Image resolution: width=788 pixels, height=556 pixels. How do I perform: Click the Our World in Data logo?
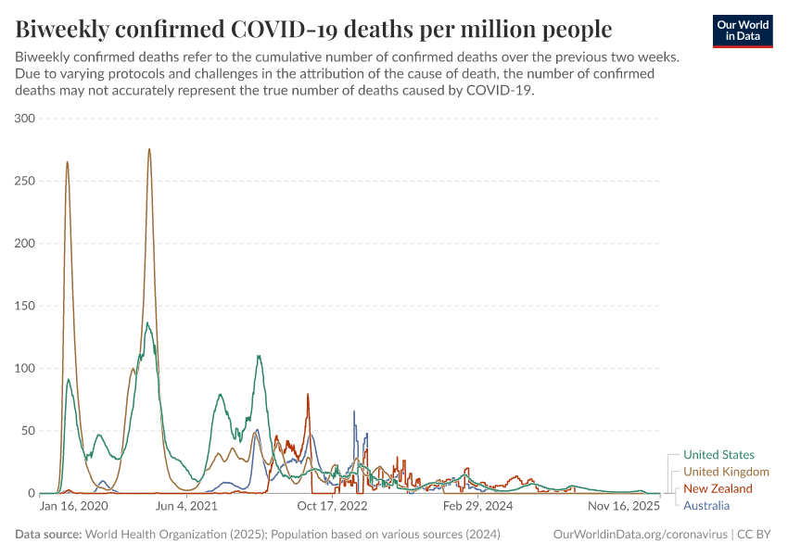[742, 31]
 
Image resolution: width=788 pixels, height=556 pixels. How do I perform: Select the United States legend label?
[718, 455]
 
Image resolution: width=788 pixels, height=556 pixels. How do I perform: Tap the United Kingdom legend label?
[726, 472]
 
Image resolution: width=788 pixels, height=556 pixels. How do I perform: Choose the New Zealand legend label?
[718, 488]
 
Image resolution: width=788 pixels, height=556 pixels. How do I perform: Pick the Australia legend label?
[706, 505]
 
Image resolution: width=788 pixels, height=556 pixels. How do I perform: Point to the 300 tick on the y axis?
[24, 119]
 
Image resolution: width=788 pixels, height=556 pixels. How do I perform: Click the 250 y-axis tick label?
[24, 181]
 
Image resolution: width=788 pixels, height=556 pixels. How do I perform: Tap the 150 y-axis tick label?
[24, 306]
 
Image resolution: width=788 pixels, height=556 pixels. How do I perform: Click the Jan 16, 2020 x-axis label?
[74, 507]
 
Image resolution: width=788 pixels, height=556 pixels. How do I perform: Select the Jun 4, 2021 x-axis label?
[191, 507]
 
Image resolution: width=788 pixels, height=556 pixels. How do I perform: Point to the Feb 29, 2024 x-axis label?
[477, 507]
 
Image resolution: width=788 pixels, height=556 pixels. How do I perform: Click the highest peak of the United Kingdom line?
[149, 149]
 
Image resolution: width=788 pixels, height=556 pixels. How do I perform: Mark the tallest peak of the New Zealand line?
[308, 395]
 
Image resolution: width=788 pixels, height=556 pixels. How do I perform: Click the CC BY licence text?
[755, 535]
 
